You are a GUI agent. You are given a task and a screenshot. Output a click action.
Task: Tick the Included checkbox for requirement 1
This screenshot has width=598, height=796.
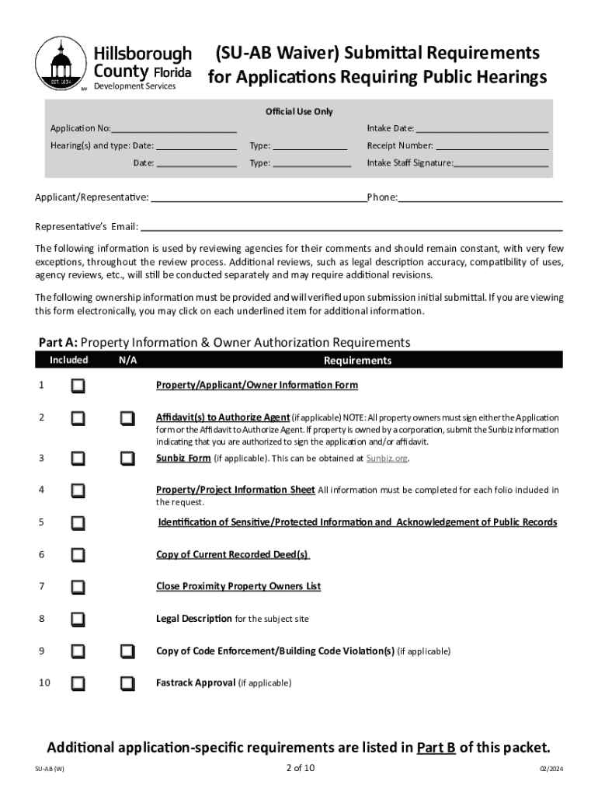tap(78, 386)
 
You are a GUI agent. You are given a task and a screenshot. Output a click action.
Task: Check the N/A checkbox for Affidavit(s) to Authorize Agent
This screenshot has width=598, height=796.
tap(127, 418)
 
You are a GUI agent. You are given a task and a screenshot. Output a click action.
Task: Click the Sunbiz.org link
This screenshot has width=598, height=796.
tap(386, 458)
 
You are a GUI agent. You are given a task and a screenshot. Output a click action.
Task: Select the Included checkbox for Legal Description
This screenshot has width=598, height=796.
tap(78, 619)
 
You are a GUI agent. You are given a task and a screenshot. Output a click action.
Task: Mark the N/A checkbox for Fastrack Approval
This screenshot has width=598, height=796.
tap(127, 683)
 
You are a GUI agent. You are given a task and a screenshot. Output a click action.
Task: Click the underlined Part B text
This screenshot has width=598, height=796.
tap(436, 748)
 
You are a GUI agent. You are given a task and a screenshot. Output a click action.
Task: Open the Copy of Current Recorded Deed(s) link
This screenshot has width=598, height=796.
tap(232, 554)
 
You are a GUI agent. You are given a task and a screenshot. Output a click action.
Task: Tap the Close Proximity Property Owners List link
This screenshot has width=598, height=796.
tap(238, 586)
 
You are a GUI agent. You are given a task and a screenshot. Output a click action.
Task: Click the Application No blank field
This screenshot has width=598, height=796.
tap(174, 128)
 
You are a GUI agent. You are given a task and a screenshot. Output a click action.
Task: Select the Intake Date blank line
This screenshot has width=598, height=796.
tap(482, 128)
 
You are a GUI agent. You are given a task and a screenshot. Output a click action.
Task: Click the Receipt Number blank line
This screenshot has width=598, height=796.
tap(492, 145)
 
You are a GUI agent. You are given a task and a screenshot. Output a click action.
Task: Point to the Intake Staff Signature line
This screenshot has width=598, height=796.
tap(502, 163)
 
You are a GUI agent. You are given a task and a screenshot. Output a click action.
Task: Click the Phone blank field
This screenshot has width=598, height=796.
tap(480, 197)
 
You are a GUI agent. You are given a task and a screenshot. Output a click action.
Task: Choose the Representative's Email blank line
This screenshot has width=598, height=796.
tap(351, 227)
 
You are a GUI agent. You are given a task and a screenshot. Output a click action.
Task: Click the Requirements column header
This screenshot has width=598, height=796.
tap(357, 361)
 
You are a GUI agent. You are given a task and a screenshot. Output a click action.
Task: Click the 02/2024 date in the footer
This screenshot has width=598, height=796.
tap(551, 770)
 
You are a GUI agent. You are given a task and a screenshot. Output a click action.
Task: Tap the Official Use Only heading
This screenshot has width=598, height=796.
tap(299, 112)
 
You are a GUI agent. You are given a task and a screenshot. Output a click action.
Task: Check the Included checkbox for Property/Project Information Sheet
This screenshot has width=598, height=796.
tap(78, 491)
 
